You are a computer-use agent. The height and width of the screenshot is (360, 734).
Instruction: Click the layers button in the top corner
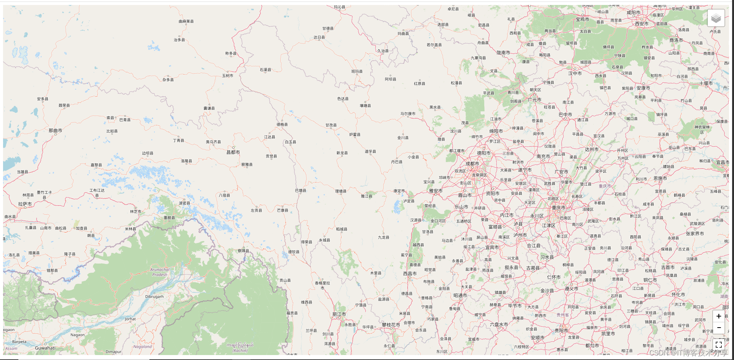tap(716, 18)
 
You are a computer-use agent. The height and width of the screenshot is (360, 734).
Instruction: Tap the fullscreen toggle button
tap(719, 344)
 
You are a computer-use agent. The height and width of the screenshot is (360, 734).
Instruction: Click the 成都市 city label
tap(472, 164)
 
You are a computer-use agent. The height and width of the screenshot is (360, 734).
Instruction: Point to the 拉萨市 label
tap(25, 204)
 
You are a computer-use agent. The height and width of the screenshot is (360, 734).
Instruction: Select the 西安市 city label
tap(641, 24)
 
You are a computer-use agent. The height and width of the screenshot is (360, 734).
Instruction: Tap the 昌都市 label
tap(233, 152)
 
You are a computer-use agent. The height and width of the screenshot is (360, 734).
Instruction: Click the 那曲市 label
tap(55, 130)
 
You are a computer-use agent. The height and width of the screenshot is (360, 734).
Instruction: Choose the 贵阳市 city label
tap(561, 331)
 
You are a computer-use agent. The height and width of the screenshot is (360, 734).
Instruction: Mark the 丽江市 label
tap(339, 314)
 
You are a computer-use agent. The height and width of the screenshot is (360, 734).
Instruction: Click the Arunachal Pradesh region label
tap(160, 272)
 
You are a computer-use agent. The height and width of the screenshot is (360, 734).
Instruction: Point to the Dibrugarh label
tap(154, 296)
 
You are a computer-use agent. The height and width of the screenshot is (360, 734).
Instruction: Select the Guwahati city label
tap(45, 348)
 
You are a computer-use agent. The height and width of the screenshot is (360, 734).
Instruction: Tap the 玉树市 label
tap(228, 76)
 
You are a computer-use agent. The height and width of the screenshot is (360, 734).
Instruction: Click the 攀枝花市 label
tap(391, 325)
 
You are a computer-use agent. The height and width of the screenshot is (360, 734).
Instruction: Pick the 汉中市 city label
tap(575, 73)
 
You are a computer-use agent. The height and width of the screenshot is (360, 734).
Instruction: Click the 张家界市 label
tap(695, 234)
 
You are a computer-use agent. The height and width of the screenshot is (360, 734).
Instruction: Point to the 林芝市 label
tap(135, 211)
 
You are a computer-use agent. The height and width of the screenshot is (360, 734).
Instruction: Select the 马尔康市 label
tap(408, 114)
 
